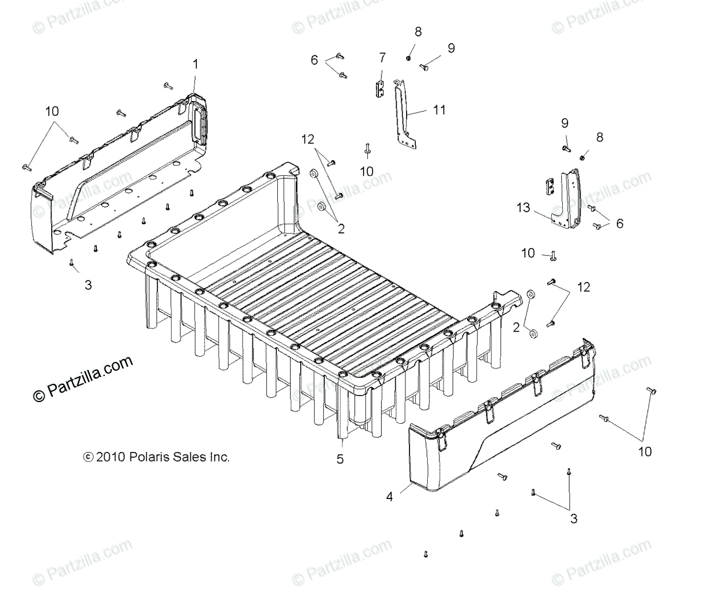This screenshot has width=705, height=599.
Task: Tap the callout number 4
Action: tap(390, 496)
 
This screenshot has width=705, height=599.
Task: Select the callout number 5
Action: tap(340, 459)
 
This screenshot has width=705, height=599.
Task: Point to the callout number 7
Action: tap(382, 57)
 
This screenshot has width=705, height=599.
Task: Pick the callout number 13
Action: tap(523, 208)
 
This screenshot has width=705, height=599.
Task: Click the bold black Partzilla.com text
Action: tap(84, 379)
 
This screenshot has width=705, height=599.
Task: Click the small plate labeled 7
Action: tap(380, 89)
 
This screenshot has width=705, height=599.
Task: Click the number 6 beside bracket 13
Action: tap(619, 223)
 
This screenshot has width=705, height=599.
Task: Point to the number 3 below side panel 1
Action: tap(88, 285)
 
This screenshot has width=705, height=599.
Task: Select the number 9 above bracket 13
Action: tap(565, 123)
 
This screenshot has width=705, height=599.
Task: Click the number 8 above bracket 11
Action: tap(418, 31)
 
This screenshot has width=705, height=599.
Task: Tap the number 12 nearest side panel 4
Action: tap(583, 287)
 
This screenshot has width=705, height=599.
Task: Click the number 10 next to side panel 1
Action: tap(51, 111)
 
